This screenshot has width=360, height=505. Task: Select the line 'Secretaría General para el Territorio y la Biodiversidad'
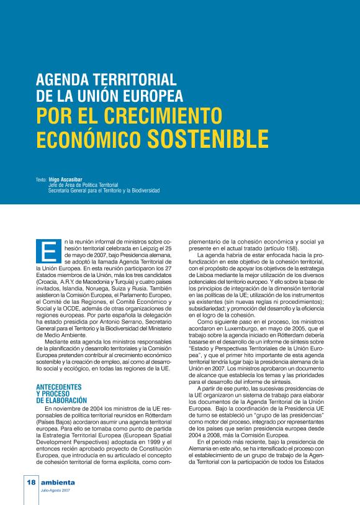(104, 191)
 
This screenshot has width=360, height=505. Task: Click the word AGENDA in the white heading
(66, 81)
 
